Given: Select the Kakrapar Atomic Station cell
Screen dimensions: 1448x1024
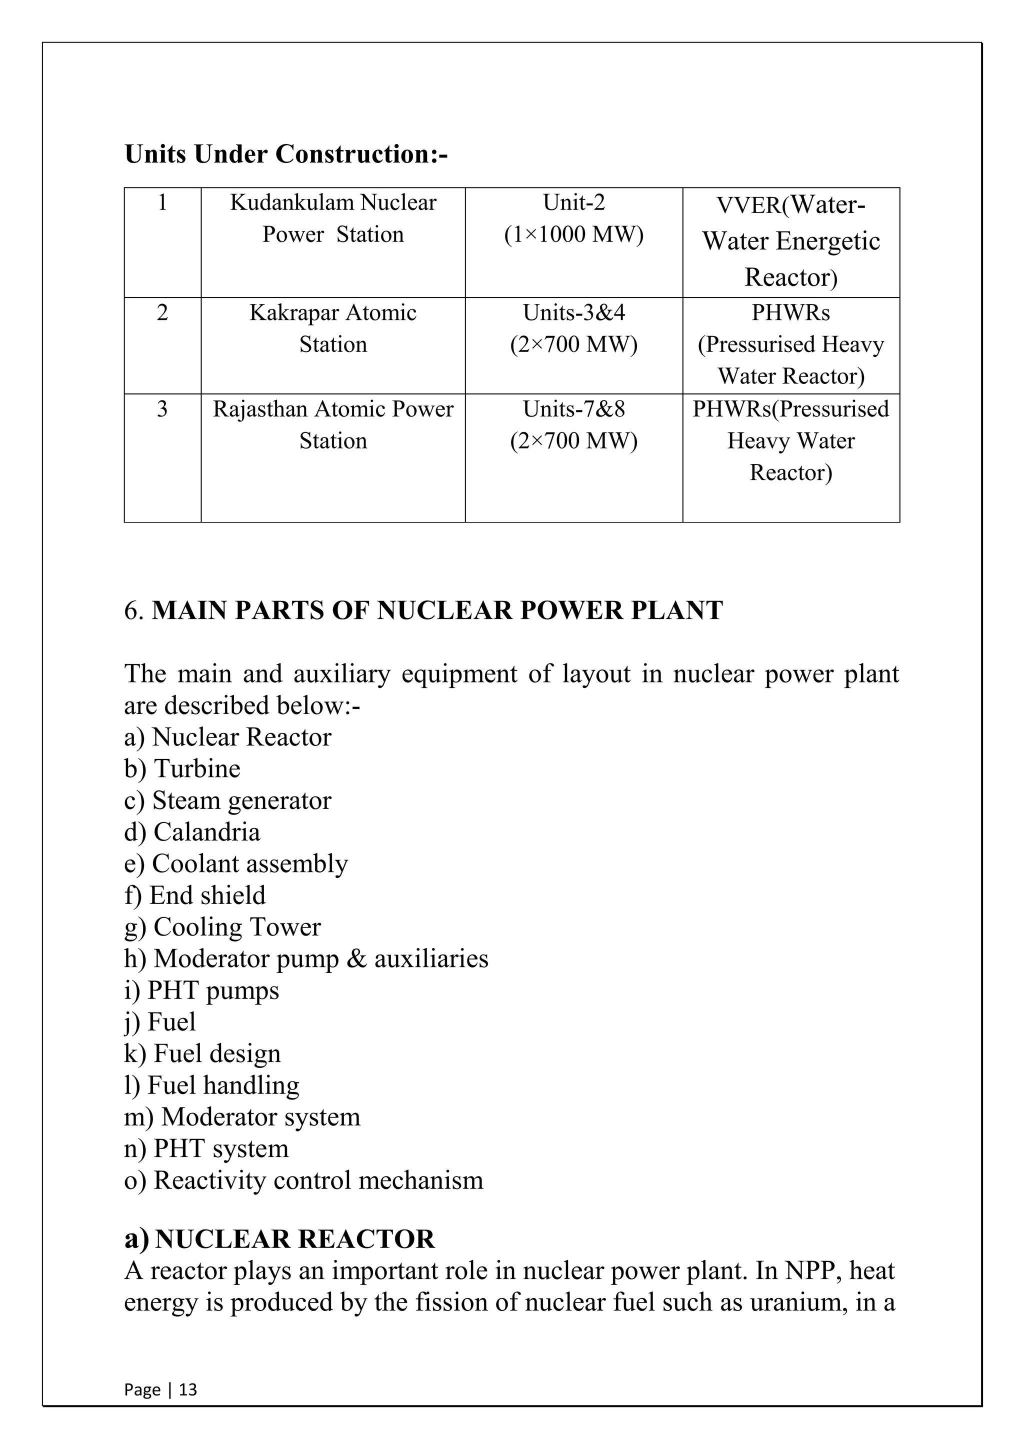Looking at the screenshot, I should (x=333, y=328).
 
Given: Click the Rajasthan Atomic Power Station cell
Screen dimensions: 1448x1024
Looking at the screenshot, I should (x=333, y=425).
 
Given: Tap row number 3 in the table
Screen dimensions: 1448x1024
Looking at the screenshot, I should (x=162, y=409).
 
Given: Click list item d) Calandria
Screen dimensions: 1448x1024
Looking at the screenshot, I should (x=192, y=832).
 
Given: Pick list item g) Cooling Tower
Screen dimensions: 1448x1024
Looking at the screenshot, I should (x=222, y=927).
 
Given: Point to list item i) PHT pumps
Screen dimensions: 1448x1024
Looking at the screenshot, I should (x=202, y=990).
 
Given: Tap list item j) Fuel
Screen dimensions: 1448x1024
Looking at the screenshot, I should (x=160, y=1021).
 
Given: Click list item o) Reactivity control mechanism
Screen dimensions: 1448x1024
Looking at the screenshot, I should (x=303, y=1180).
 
